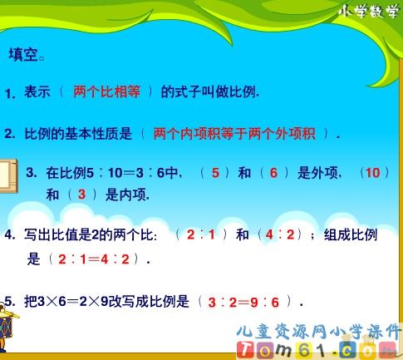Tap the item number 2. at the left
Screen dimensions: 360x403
coord(11,134)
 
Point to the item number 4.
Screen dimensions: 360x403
coord(11,235)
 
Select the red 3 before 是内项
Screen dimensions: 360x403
coord(81,195)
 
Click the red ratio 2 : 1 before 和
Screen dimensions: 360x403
coord(201,235)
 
